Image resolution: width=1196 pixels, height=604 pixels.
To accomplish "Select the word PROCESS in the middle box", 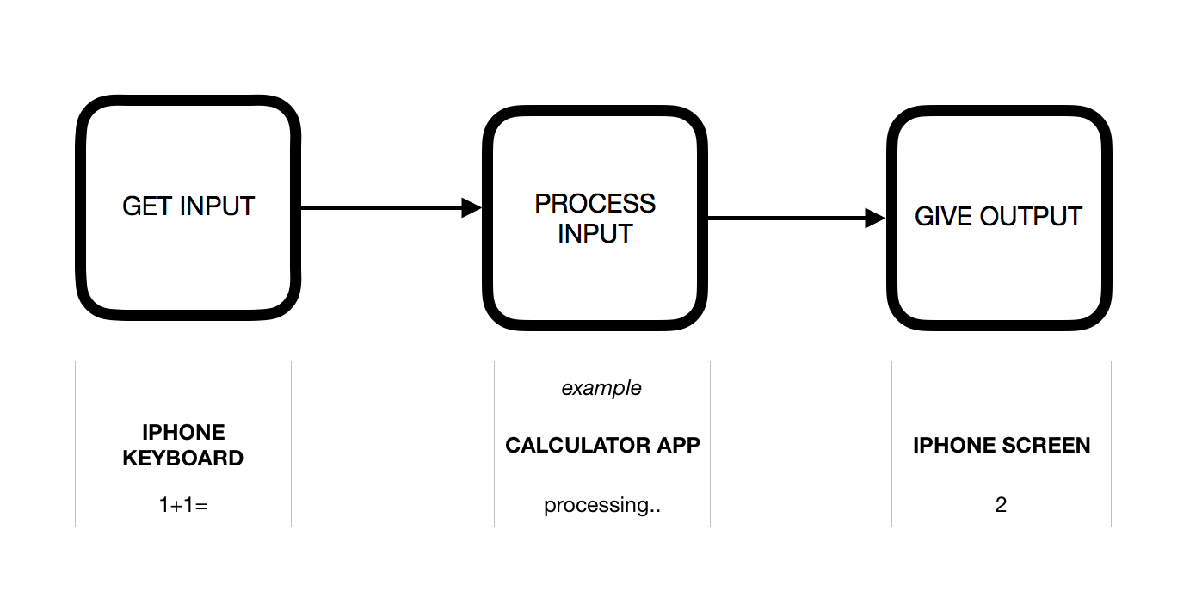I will coord(595,204).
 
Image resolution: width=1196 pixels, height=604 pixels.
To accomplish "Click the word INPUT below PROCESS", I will coord(595,233).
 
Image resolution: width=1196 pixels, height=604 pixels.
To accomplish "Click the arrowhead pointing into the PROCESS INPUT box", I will coord(472,207).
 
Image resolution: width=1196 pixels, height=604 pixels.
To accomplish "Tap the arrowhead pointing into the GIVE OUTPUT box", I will coord(875,219).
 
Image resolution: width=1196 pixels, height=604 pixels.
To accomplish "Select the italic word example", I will coord(601,388).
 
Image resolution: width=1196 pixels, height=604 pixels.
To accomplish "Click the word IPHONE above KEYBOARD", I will coord(183,432).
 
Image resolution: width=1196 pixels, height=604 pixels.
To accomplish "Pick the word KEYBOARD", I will coord(183,458).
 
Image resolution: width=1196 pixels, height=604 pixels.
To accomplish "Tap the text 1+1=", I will coord(183,505).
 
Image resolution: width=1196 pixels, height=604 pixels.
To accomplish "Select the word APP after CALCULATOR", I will coord(678,445).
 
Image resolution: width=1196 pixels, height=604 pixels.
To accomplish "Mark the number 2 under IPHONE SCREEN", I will coord(1001,505).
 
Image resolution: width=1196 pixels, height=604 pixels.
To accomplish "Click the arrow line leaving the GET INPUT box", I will coord(379,207).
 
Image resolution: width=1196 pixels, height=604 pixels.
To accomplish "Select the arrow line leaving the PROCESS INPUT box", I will coord(783,219).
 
